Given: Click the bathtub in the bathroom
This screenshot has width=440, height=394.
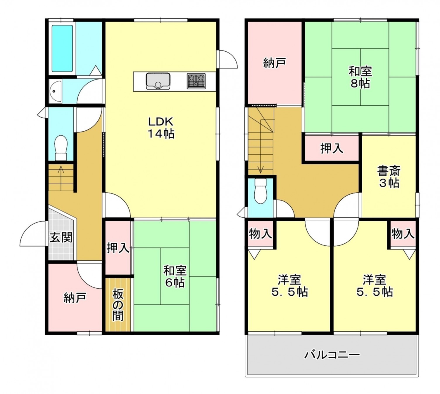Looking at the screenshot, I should point(62,48).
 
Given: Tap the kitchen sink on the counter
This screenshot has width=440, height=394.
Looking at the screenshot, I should point(158,81).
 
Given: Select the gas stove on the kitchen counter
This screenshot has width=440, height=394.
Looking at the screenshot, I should point(196,81).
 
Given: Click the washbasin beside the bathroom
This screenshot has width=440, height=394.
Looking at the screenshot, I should point(55,91).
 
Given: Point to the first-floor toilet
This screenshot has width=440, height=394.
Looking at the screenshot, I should point(61,147).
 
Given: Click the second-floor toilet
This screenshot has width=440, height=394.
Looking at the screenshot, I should point(260,191).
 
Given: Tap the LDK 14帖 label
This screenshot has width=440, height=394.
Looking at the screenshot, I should point(161,128).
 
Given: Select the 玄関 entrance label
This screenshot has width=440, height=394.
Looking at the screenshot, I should point(61,238).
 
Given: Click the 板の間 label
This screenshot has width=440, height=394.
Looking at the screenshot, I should point(118,305).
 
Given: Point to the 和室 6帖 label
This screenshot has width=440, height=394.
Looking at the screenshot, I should point(175,276).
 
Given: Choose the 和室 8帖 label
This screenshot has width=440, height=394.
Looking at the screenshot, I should point(360,77).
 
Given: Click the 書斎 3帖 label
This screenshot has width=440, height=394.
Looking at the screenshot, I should point(389,177).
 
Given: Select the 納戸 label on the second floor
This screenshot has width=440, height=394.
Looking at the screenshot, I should point(275,63).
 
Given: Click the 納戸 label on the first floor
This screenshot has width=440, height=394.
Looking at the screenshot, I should point(75,298).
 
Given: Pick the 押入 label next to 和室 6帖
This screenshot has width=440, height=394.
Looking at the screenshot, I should point(118,248).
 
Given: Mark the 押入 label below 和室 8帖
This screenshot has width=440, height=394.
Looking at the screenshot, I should point(332,148).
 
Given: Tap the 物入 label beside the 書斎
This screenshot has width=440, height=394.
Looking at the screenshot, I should point(403,233).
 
